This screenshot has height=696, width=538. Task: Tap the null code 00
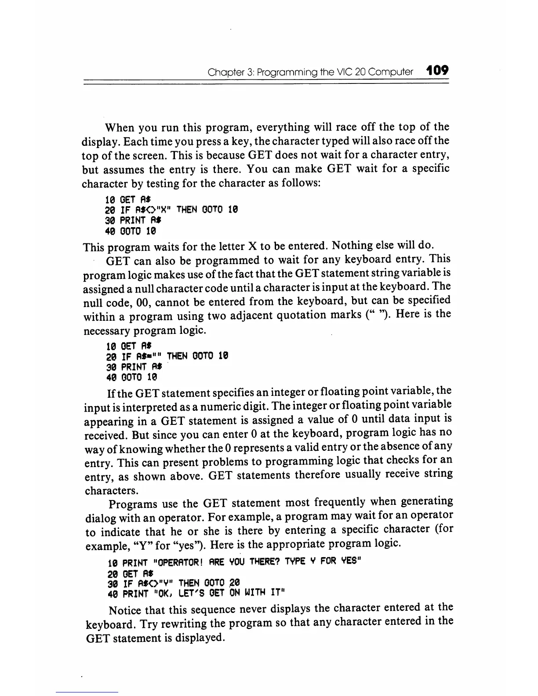[x=162, y=302]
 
